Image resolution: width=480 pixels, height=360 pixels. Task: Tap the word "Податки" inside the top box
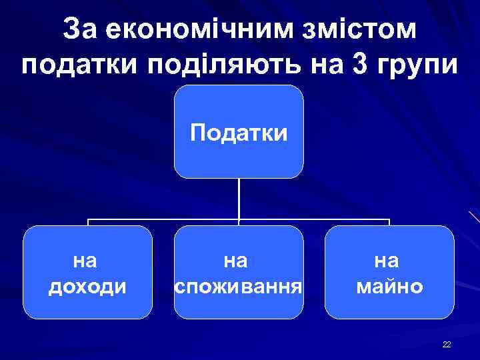(239, 133)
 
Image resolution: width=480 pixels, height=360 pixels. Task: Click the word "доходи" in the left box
(87, 287)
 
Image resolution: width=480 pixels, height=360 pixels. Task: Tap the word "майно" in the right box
(390, 287)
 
